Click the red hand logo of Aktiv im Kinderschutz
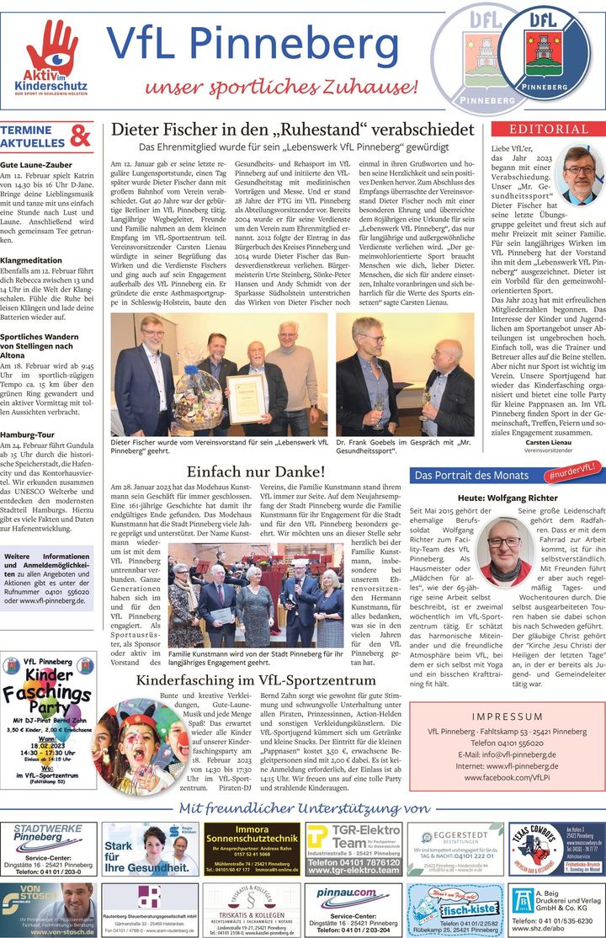pos(52,46)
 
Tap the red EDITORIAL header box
pos(547,129)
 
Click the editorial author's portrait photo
pos(582,173)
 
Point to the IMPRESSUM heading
pos(508,717)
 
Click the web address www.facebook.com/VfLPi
pos(508,779)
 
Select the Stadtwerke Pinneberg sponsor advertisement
pos(49,850)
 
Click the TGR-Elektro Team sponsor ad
pos(353,850)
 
